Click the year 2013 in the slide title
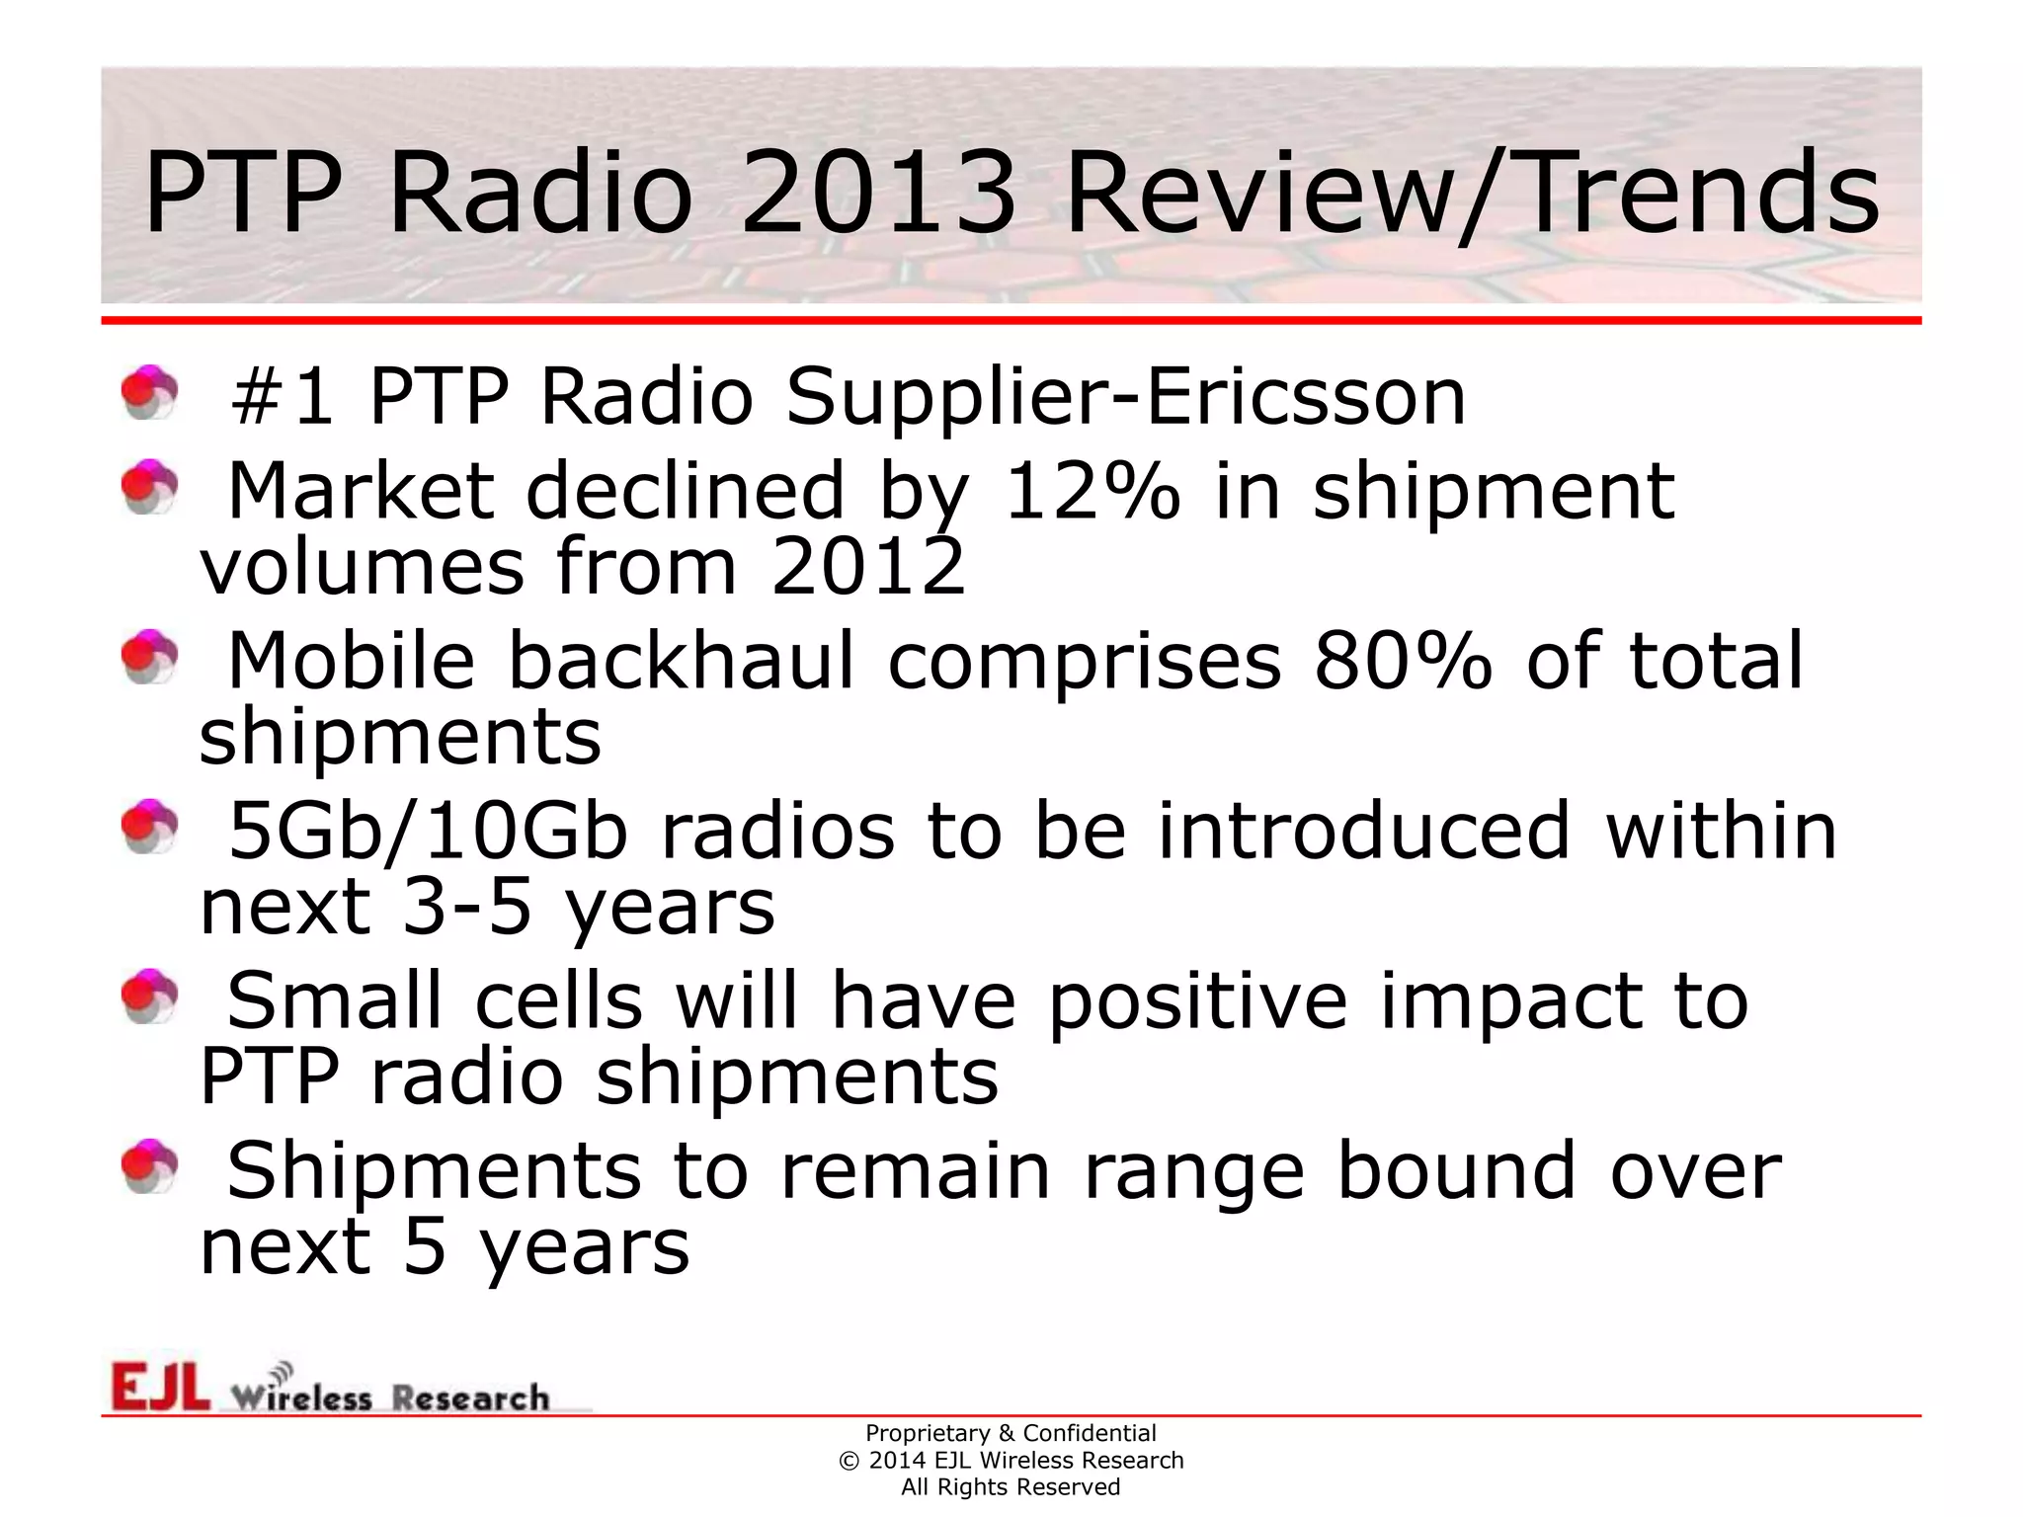point(877,193)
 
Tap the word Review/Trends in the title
point(1472,193)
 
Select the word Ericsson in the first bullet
point(1305,397)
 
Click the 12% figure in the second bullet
point(1091,491)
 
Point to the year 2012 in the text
point(867,568)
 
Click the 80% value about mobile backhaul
point(1403,661)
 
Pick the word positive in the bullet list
point(1197,1001)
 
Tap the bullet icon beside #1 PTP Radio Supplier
point(149,393)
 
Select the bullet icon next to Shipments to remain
point(149,1166)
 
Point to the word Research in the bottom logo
point(470,1398)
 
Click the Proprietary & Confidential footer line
point(1011,1433)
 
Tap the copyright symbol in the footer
point(849,1461)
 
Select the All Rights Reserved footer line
point(1011,1487)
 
